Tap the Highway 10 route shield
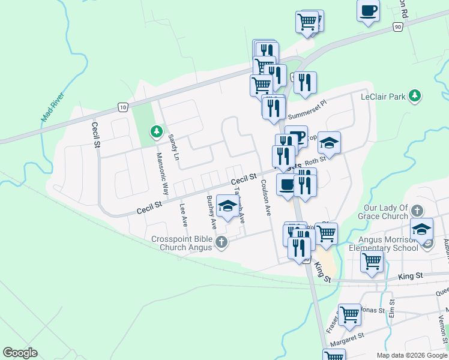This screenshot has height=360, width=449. pyautogui.click(x=122, y=107)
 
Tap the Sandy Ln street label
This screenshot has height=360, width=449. pyautogui.click(x=173, y=143)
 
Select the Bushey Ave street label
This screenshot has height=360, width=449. pyautogui.click(x=211, y=212)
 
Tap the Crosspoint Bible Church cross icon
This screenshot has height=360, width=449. pyautogui.click(x=221, y=243)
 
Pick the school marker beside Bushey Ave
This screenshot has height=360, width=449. pyautogui.click(x=228, y=206)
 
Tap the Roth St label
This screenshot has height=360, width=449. pyautogui.click(x=315, y=160)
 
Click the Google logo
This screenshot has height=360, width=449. pyautogui.click(x=20, y=353)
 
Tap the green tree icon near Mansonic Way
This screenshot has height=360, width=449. pyautogui.click(x=157, y=130)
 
